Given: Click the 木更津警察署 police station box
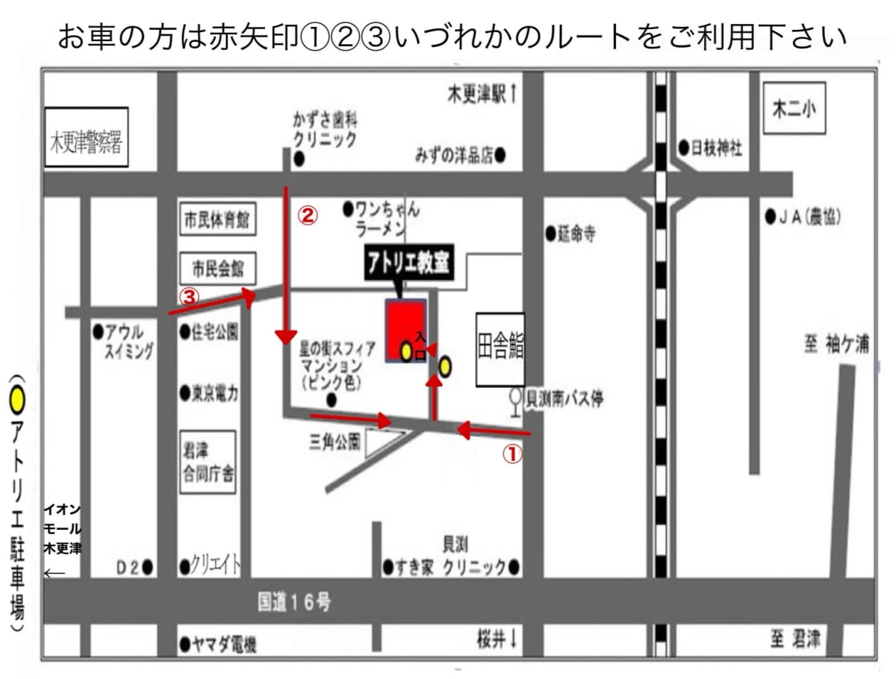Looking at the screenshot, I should (x=87, y=139).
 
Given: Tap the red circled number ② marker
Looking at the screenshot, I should (x=308, y=216).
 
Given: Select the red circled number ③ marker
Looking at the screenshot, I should (x=190, y=297).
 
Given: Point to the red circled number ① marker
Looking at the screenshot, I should (x=511, y=454).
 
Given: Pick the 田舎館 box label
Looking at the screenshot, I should (x=500, y=349).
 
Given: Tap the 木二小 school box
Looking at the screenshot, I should (x=794, y=108).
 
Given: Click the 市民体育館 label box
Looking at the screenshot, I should (x=215, y=221).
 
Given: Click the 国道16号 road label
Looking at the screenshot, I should (x=293, y=602).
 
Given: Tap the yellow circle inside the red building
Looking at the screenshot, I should (x=406, y=351).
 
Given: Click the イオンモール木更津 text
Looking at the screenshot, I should (x=63, y=529).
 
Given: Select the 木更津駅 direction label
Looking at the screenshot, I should (x=482, y=94).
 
